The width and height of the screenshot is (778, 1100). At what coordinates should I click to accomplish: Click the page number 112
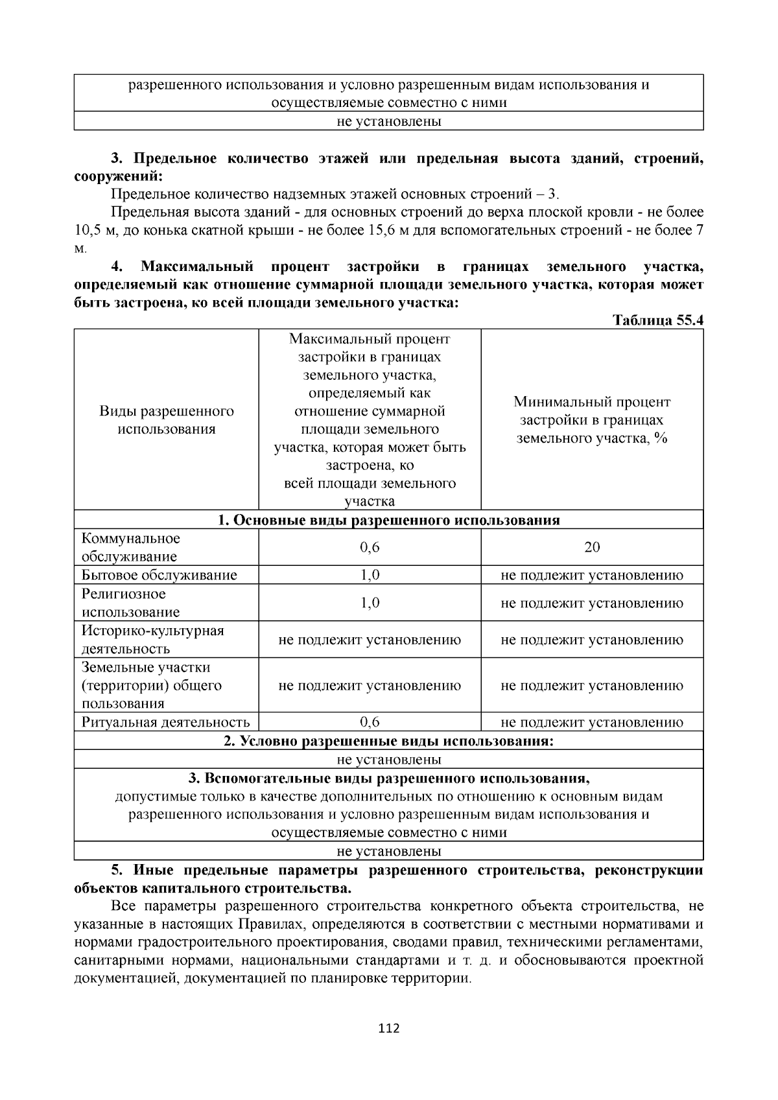pos(389,1028)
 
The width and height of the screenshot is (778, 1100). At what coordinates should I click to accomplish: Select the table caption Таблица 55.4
pos(658,321)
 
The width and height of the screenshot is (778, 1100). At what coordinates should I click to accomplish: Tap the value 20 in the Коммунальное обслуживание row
pos(592,547)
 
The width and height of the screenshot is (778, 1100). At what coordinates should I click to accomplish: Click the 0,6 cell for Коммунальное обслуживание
pos(370,547)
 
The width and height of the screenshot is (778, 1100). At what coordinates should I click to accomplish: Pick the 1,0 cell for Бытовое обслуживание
pos(370,575)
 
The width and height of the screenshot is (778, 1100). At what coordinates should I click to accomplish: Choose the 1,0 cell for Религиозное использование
pos(370,603)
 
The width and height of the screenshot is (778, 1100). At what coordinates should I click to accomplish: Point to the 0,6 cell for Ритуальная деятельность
pos(370,722)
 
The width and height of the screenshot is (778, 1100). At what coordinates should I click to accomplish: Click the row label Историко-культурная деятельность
pos(152,640)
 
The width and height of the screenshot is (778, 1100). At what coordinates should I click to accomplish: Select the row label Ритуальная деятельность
pos(165,722)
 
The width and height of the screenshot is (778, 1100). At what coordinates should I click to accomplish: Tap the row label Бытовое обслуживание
pos(159,575)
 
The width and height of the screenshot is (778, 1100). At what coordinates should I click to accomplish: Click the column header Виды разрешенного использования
pos(167,420)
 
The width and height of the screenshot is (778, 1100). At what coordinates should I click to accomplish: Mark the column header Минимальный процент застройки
pos(592,420)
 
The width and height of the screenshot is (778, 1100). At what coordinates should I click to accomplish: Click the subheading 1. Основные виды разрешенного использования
pos(388,520)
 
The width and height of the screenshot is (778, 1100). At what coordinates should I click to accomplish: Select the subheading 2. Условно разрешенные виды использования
pos(388,741)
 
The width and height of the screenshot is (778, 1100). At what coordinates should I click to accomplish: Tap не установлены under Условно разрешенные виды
pos(389,759)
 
